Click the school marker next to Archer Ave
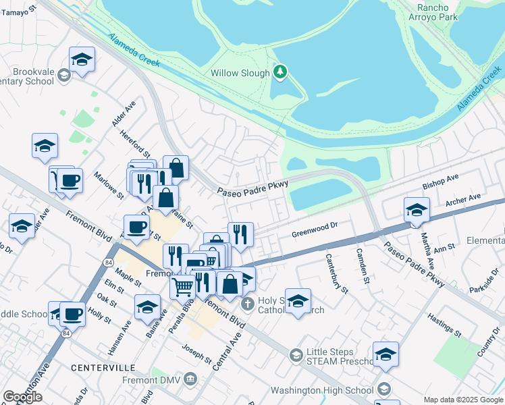417,209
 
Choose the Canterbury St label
336,273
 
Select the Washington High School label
322,390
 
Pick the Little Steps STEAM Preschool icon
296,355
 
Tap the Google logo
22,397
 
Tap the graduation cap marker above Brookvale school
82,59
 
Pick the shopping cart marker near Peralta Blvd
182,286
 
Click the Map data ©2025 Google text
462,400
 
